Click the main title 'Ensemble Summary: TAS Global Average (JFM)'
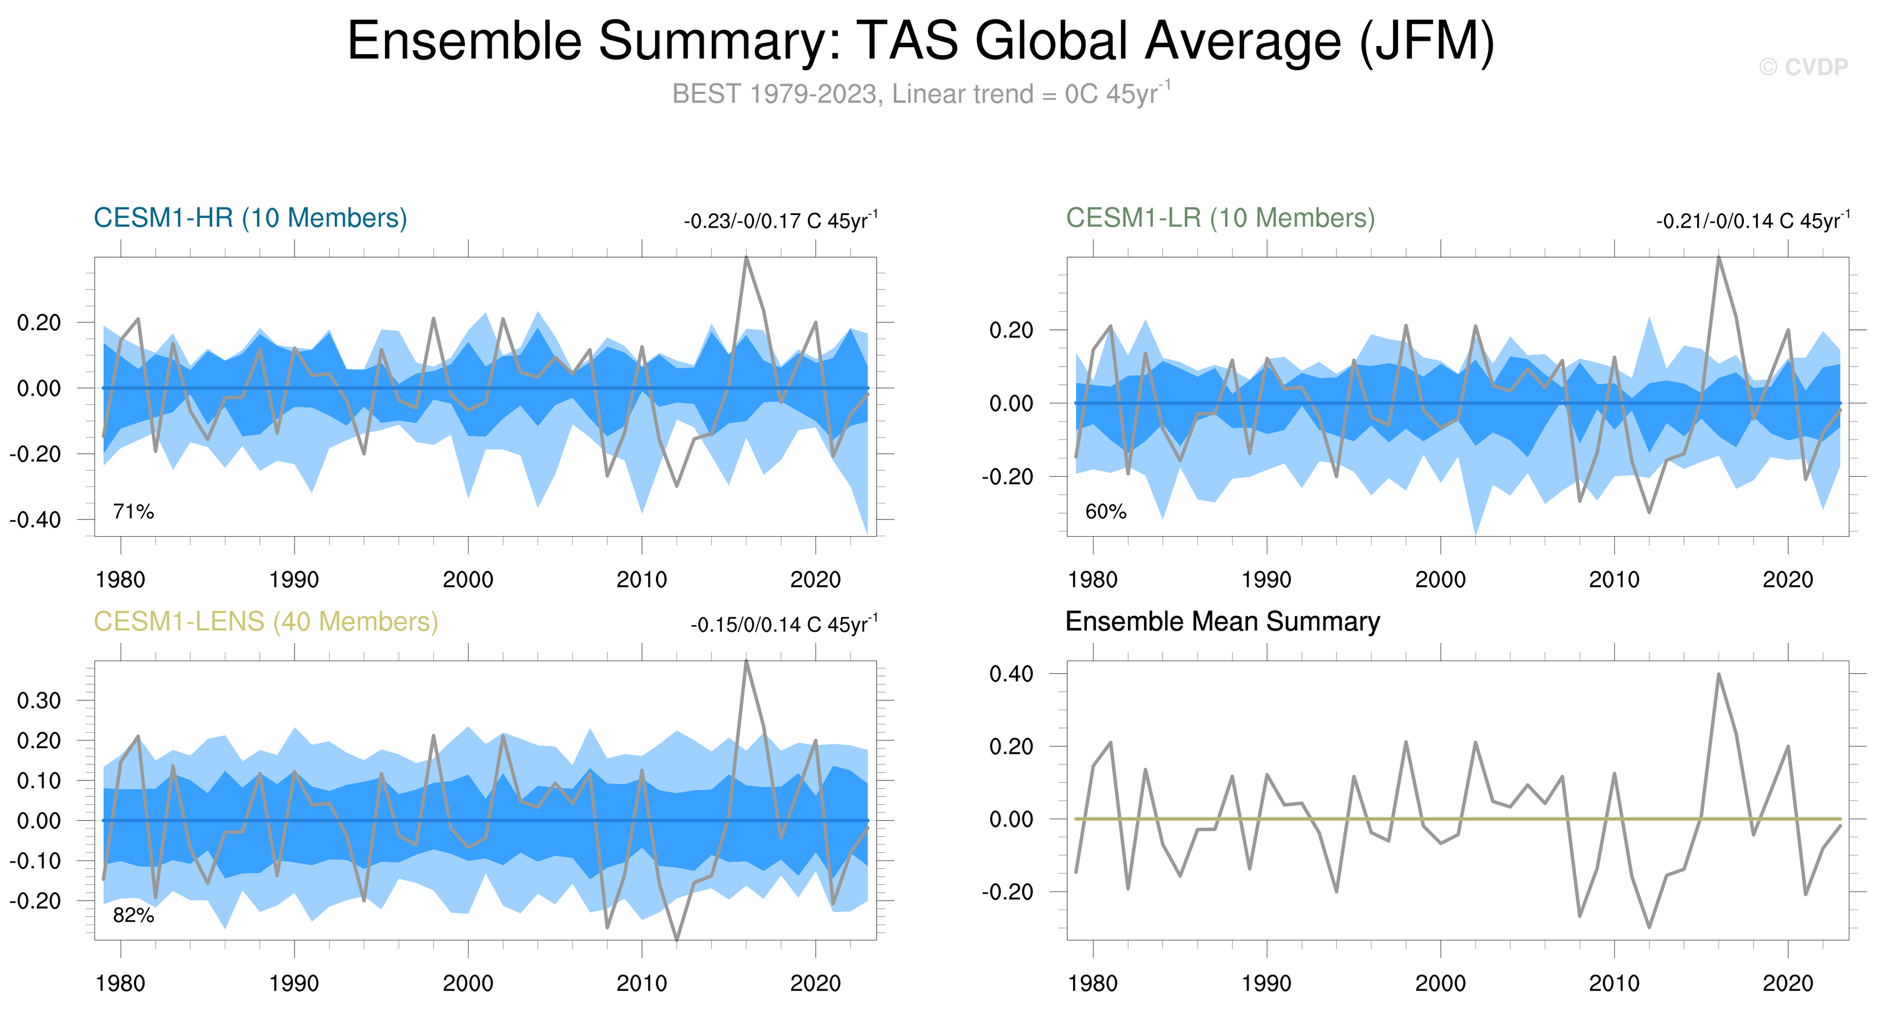tap(920, 41)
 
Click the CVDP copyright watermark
tap(1803, 67)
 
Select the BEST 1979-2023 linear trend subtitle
tap(920, 94)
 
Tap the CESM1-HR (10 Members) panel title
tap(250, 218)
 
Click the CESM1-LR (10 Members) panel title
tap(1221, 218)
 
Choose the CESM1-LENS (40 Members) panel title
tap(266, 621)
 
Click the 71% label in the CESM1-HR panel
tap(133, 511)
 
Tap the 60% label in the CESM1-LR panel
tap(1105, 511)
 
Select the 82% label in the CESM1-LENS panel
tap(133, 915)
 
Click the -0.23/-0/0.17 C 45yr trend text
tap(780, 220)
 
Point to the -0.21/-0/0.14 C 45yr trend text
tap(1753, 220)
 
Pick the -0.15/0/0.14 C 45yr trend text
tap(784, 624)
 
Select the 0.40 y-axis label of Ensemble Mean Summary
tap(1011, 674)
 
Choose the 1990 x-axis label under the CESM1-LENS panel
tap(294, 983)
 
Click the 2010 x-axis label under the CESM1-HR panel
tap(641, 580)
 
